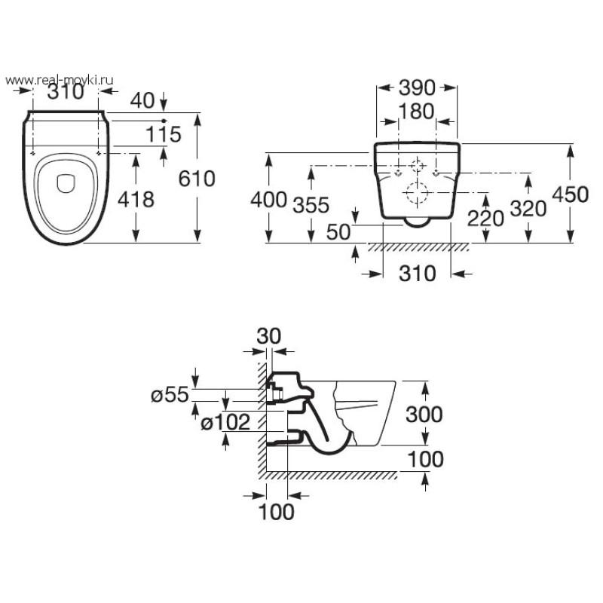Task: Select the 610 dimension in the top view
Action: tap(197, 179)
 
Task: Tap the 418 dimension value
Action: tap(136, 199)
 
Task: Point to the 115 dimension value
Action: tap(165, 134)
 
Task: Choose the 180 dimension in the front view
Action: tap(416, 112)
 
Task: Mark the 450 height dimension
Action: tap(570, 194)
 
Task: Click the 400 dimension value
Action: tap(268, 200)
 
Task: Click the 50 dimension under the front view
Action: tap(339, 231)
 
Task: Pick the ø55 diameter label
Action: tap(168, 394)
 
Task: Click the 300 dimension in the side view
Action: tap(423, 414)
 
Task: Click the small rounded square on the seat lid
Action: tap(66, 180)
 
